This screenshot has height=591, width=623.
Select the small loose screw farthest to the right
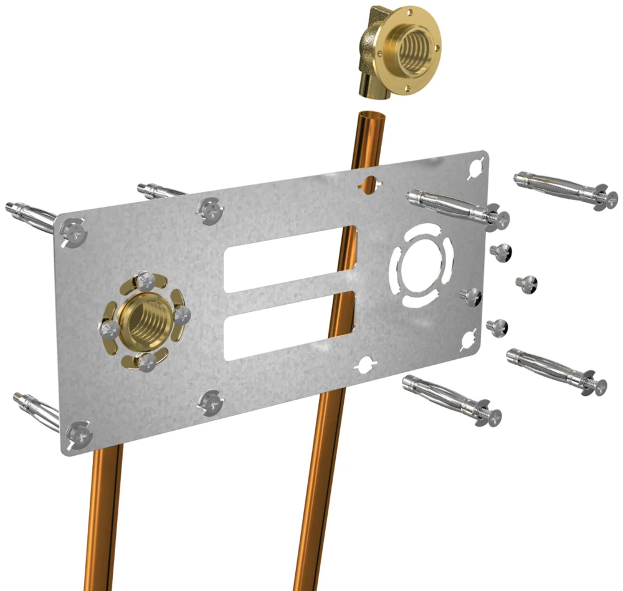point(528,282)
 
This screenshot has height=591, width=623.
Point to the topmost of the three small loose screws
point(500,251)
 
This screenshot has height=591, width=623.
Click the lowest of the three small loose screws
point(497,325)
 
